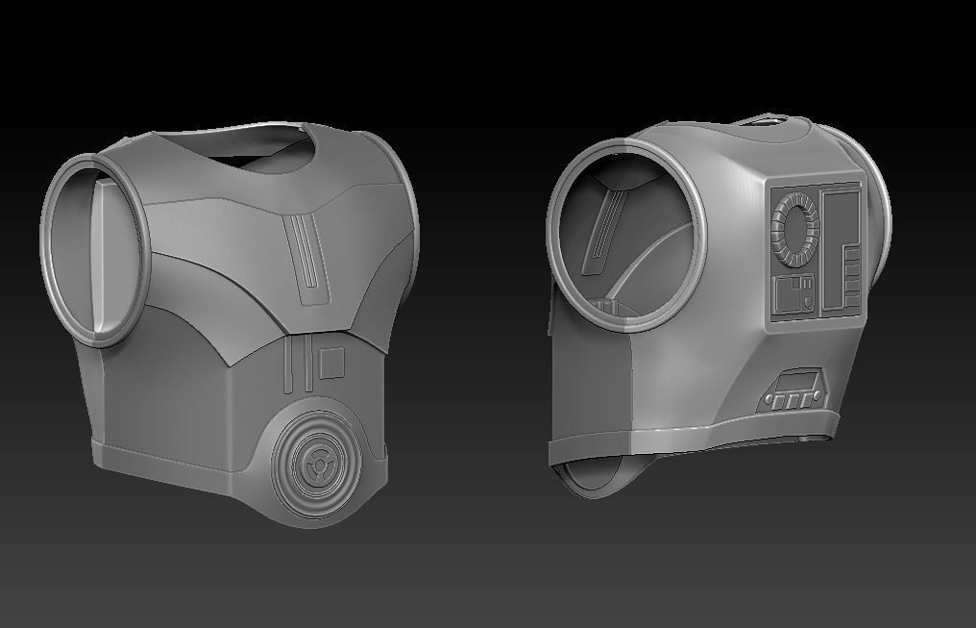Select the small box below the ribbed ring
coord(794,295)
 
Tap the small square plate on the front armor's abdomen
coord(331,363)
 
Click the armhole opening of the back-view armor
coord(624,236)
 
